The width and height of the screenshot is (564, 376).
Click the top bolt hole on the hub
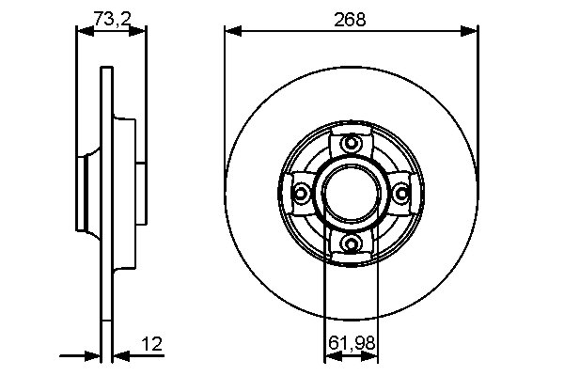tap(352, 144)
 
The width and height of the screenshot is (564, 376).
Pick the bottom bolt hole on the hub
tap(352, 244)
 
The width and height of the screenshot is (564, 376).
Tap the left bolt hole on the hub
tap(302, 194)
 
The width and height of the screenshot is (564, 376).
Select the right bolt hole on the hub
tap(402, 194)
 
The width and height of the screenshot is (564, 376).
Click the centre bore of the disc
tap(352, 194)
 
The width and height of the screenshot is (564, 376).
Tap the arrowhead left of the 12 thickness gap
tap(93, 356)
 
